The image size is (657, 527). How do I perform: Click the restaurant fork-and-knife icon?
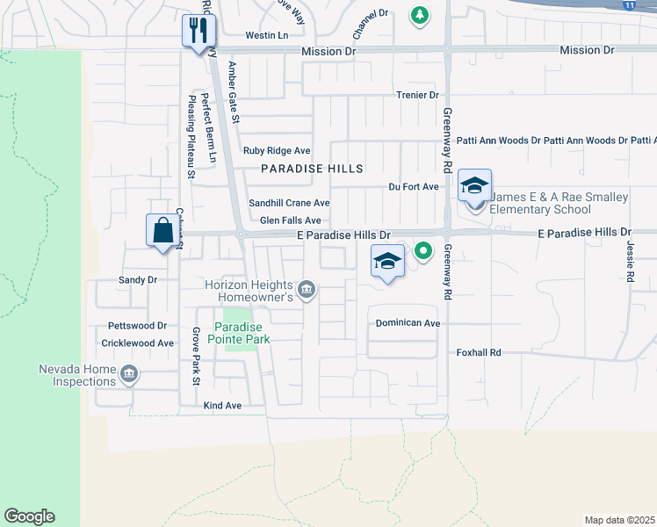pyautogui.click(x=198, y=31)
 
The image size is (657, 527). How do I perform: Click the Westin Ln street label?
pyautogui.click(x=267, y=35)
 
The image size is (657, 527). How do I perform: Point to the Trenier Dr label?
pyautogui.click(x=417, y=95)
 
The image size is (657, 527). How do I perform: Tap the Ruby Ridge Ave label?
pyautogui.click(x=277, y=151)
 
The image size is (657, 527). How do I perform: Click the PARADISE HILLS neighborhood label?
pyautogui.click(x=312, y=168)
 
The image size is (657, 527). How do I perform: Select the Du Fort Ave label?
pyautogui.click(x=414, y=187)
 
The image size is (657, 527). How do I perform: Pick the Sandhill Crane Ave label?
pyautogui.click(x=289, y=203)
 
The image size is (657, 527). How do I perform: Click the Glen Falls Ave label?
pyautogui.click(x=290, y=220)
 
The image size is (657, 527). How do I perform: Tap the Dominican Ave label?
pyautogui.click(x=408, y=323)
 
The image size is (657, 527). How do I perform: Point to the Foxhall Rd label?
pyautogui.click(x=478, y=352)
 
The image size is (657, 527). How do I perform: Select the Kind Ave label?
pyautogui.click(x=221, y=406)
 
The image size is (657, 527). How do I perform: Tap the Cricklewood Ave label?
pyautogui.click(x=138, y=343)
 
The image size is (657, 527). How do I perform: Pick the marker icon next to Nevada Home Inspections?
pyautogui.click(x=130, y=375)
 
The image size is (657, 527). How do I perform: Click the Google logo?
pyautogui.click(x=29, y=516)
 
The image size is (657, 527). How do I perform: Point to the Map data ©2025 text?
pyautogui.click(x=619, y=520)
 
